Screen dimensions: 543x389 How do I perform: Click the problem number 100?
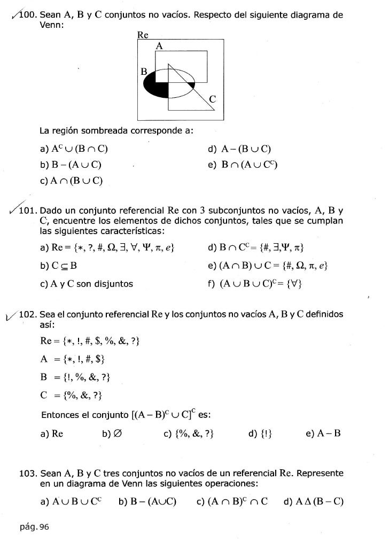pos(28,14)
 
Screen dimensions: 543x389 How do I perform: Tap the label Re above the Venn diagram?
pos(142,35)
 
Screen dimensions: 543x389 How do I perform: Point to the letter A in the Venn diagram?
pos(159,46)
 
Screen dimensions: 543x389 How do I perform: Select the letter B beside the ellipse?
pos(143,71)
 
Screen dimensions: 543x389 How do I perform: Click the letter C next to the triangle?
pos(213,99)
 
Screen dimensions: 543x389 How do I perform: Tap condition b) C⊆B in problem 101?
pos(61,265)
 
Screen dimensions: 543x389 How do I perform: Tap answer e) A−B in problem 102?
pos(323,433)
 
